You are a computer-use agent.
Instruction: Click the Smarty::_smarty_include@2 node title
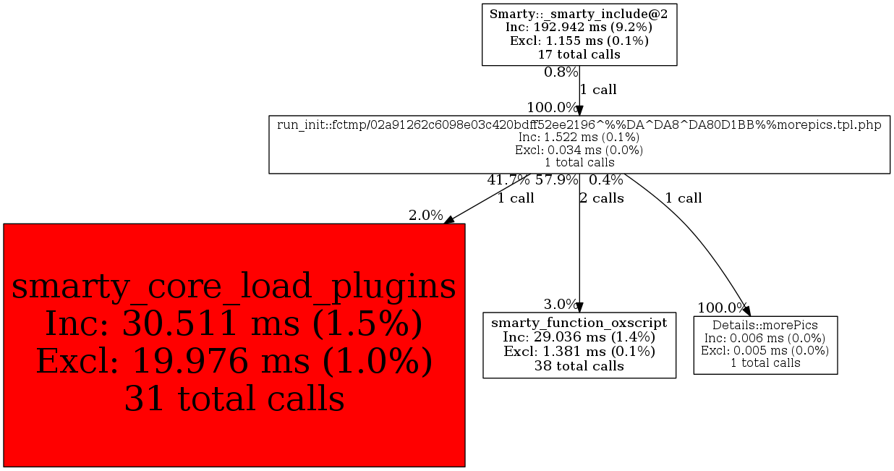[579, 14]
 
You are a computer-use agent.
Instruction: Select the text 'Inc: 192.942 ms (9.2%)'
[579, 27]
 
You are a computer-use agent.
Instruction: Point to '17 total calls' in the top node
[579, 54]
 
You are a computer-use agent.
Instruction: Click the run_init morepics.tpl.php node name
[579, 124]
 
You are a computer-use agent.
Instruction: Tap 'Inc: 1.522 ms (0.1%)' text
[579, 137]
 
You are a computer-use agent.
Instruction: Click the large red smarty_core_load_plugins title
[234, 287]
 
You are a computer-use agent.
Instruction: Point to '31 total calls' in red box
[234, 398]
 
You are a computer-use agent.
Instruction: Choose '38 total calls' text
[579, 365]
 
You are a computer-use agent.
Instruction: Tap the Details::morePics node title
[765, 326]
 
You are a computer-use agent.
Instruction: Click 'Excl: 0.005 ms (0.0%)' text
[765, 350]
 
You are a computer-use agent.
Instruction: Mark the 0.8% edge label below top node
[561, 72]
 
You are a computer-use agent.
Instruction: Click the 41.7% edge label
[508, 180]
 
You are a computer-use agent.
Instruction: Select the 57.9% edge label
[556, 180]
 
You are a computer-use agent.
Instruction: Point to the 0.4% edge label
[606, 180]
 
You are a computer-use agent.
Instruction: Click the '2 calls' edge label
[602, 198]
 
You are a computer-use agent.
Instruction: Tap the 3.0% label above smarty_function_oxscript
[561, 304]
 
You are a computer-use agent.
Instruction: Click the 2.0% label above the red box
[425, 215]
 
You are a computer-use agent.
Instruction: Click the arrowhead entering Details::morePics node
[747, 311]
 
